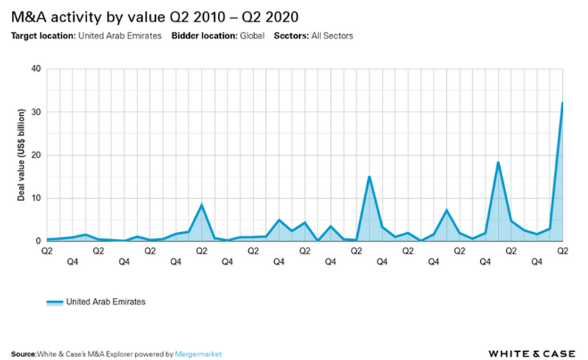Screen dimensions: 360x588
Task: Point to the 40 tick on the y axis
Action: [x=35, y=69]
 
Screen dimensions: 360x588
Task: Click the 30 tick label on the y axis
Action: [x=35, y=112]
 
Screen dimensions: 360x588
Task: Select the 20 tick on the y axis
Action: [x=35, y=155]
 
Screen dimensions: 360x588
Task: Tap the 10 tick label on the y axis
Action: [x=35, y=198]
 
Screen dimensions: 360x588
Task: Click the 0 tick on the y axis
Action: [x=38, y=241]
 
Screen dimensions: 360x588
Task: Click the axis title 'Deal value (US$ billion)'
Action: [x=22, y=154]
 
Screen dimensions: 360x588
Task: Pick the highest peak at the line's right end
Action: [x=562, y=103]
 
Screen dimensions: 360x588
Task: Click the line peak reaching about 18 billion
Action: [x=498, y=163]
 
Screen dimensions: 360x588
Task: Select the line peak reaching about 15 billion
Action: [x=369, y=177]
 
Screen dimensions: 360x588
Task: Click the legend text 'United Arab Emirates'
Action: [x=106, y=302]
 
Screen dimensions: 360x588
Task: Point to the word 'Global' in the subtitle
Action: [x=250, y=35]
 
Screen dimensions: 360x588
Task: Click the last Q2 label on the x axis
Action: [x=562, y=251]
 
